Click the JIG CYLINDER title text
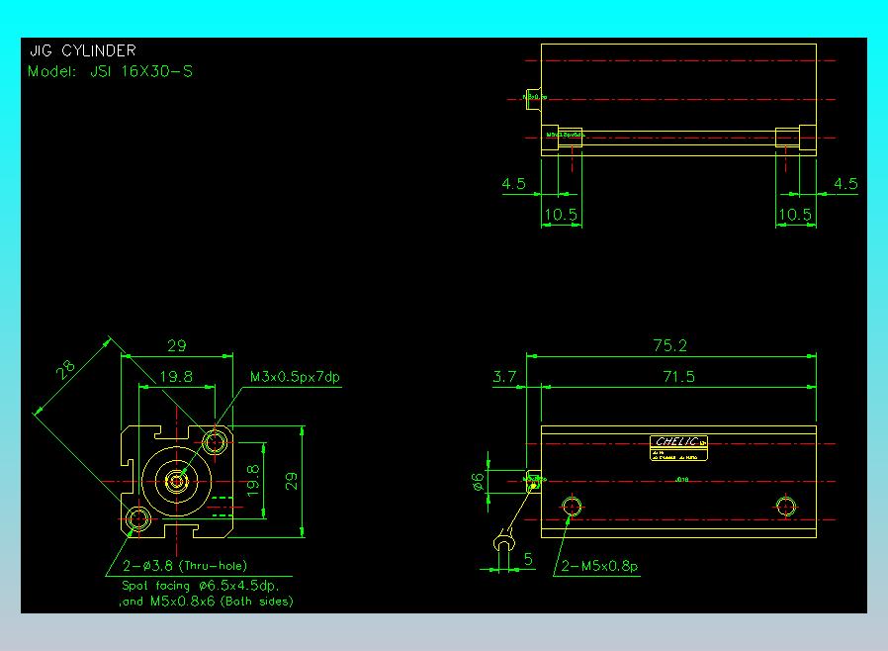[x=82, y=50]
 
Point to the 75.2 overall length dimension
[x=669, y=345]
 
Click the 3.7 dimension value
[x=504, y=377]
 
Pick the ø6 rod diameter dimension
[x=479, y=482]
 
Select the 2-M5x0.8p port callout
[x=599, y=567]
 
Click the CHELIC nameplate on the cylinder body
[x=680, y=442]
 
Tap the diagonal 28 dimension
[x=66, y=370]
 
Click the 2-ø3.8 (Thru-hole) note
[x=184, y=567]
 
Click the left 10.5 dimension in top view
[x=561, y=214]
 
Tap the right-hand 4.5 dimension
[x=845, y=184]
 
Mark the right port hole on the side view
[x=786, y=508]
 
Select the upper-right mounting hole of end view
[x=215, y=439]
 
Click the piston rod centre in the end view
[x=176, y=482]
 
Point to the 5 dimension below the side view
[x=528, y=560]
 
